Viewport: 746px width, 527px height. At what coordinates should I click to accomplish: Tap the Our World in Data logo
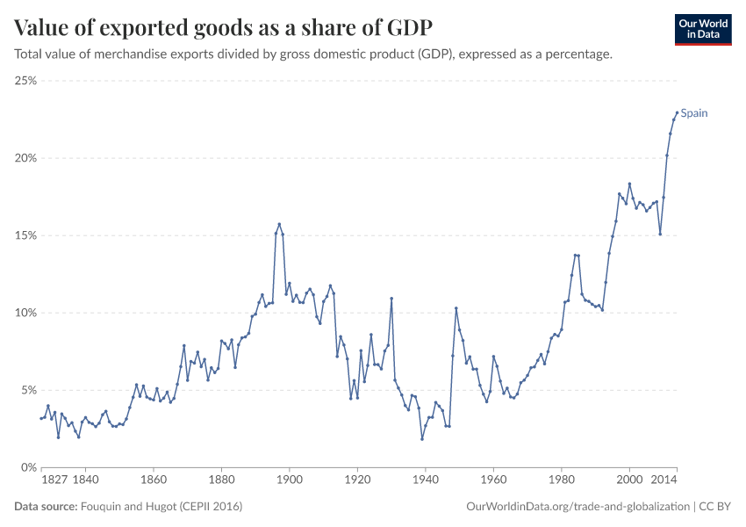point(702,29)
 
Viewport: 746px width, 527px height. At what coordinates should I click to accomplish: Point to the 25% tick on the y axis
point(25,81)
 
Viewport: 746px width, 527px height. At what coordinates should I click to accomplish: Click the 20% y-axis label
point(25,158)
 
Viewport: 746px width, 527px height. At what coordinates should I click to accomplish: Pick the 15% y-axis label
point(25,235)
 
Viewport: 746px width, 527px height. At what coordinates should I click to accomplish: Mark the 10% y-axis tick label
point(25,313)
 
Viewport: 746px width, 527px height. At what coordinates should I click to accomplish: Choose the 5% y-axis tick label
point(28,390)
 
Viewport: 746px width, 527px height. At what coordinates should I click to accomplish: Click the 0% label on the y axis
point(28,467)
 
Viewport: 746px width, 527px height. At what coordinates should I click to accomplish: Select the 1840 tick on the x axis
point(85,481)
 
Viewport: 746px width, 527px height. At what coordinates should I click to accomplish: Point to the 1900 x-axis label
point(290,481)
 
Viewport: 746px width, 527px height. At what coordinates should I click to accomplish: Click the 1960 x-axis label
point(493,481)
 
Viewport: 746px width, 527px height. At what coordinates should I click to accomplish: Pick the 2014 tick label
point(664,481)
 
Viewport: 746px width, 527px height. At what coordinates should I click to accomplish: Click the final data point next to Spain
point(677,112)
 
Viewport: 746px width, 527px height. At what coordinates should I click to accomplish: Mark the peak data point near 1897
point(279,224)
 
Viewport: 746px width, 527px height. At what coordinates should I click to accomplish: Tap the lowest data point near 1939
point(422,439)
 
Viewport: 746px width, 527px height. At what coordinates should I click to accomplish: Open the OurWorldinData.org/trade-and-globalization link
point(578,507)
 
